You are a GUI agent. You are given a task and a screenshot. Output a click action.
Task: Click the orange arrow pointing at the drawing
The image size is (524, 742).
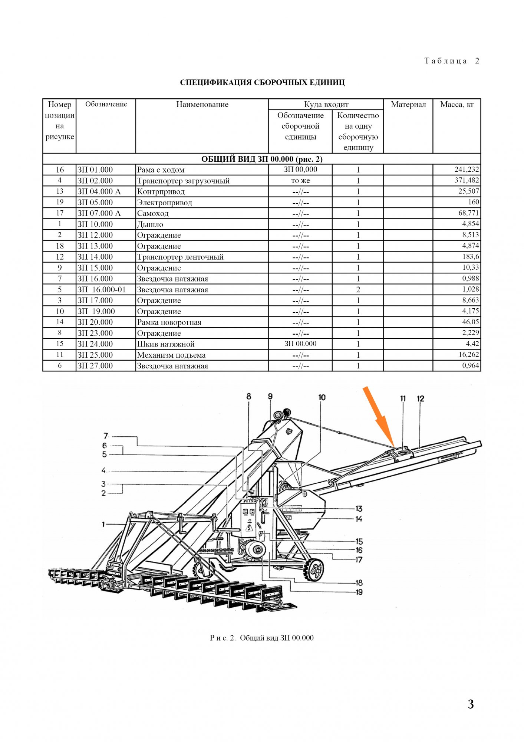point(378,416)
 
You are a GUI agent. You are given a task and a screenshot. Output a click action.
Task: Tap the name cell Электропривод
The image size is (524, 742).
point(165,203)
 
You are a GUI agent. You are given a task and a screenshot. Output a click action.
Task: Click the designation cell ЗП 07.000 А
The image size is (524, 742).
point(99,213)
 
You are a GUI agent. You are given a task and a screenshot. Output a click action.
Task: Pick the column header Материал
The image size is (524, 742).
point(408,105)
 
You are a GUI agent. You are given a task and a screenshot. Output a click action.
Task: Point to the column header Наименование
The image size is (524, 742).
point(202,105)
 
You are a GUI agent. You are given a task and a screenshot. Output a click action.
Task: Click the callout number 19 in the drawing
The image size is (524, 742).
point(359,592)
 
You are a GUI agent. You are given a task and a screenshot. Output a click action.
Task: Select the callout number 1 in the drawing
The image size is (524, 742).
point(103,524)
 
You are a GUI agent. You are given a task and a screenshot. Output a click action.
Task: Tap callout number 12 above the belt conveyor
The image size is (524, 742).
point(420,399)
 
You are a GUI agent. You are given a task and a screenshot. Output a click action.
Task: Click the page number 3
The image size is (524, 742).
point(471,704)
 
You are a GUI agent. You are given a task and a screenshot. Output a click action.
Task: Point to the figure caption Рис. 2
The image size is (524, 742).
point(261,638)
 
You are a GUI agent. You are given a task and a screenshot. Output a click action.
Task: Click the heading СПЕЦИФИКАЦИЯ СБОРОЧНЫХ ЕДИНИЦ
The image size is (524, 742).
point(262,82)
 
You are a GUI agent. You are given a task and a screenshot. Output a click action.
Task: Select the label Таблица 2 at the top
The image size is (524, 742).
point(452,61)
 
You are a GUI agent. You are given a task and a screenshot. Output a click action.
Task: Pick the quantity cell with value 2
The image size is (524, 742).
point(358,290)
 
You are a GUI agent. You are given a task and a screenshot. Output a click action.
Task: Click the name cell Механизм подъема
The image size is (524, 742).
point(171,355)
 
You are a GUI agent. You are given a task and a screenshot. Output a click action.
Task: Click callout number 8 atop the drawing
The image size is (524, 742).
point(248,397)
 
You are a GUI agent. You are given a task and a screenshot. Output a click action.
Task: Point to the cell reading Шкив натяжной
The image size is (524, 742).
point(166,344)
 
